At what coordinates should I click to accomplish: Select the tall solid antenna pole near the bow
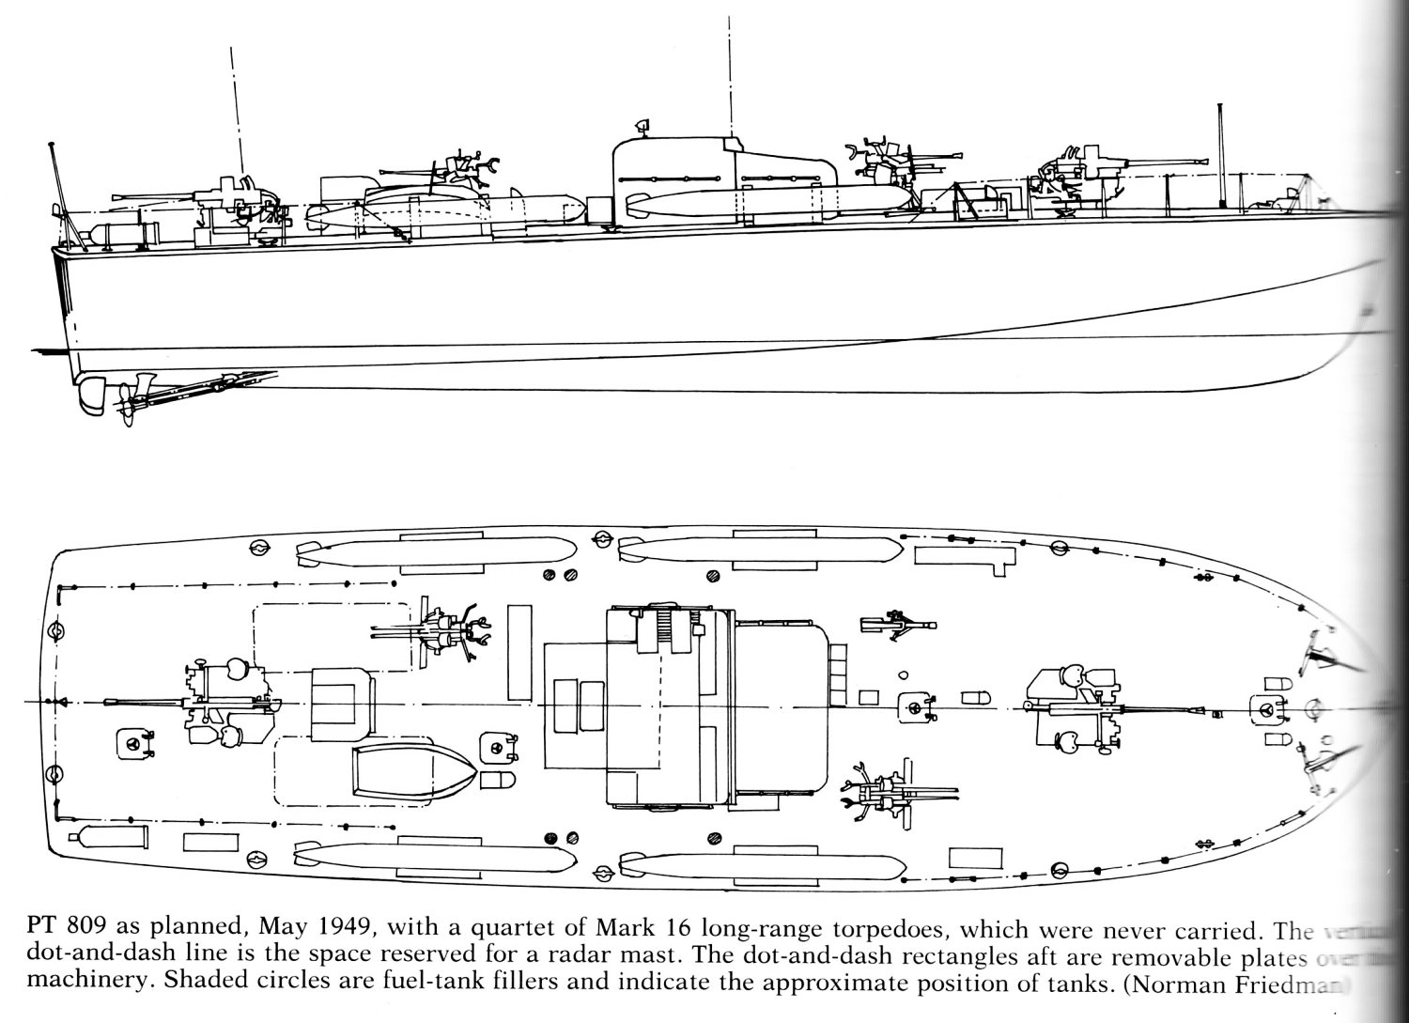tap(1220, 155)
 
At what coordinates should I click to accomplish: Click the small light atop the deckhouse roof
tap(642, 124)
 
